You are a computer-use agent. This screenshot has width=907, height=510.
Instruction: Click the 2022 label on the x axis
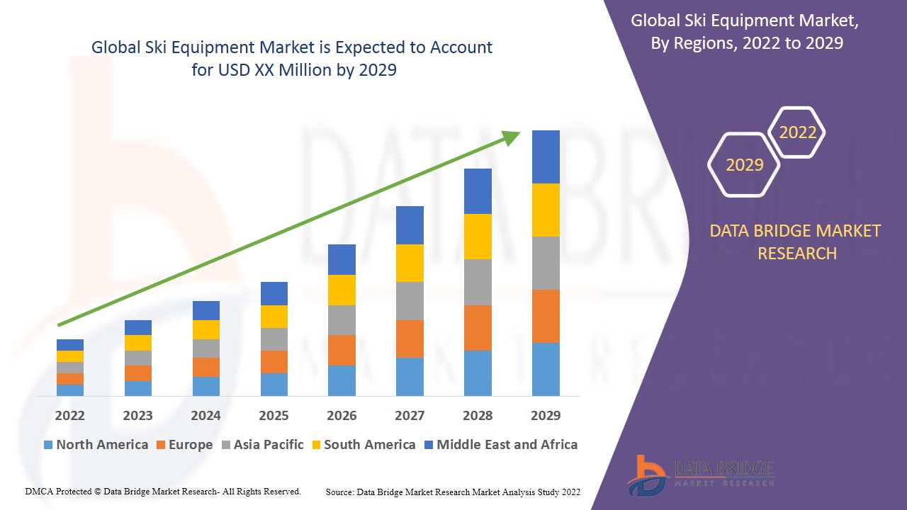click(69, 415)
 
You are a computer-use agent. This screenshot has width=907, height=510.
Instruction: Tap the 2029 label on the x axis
click(546, 415)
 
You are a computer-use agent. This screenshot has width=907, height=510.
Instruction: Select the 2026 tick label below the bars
click(342, 415)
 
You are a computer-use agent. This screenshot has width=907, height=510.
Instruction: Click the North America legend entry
click(96, 445)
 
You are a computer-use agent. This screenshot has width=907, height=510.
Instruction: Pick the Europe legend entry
click(184, 445)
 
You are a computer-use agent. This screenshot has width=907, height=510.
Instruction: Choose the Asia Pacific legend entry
click(262, 445)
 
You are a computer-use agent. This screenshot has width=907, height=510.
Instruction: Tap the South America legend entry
click(363, 445)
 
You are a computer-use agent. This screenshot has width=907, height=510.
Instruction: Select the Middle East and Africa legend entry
click(500, 445)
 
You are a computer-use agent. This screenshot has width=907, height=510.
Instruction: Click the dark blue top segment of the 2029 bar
click(546, 157)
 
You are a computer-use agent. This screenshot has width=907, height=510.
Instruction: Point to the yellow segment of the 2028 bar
click(478, 236)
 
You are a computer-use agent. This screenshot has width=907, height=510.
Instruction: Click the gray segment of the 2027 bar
click(410, 301)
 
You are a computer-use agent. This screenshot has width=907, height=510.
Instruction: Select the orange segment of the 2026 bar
click(342, 350)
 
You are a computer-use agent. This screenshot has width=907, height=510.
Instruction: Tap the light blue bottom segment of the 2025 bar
click(274, 384)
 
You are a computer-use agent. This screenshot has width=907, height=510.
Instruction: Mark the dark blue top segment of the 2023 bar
click(137, 327)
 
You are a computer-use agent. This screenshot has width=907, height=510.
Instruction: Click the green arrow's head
click(512, 137)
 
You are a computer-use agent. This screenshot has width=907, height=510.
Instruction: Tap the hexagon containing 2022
click(797, 132)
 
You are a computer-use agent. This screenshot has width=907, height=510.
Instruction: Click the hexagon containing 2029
click(744, 165)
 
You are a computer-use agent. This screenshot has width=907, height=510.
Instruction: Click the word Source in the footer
click(339, 492)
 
